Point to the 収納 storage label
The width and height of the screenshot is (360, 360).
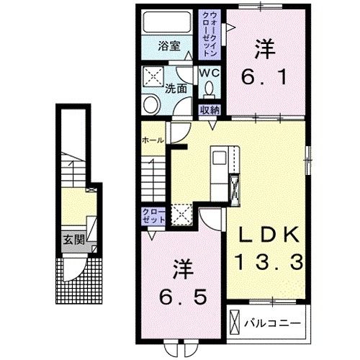coord(210,110)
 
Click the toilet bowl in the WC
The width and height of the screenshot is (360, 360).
coord(210,89)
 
